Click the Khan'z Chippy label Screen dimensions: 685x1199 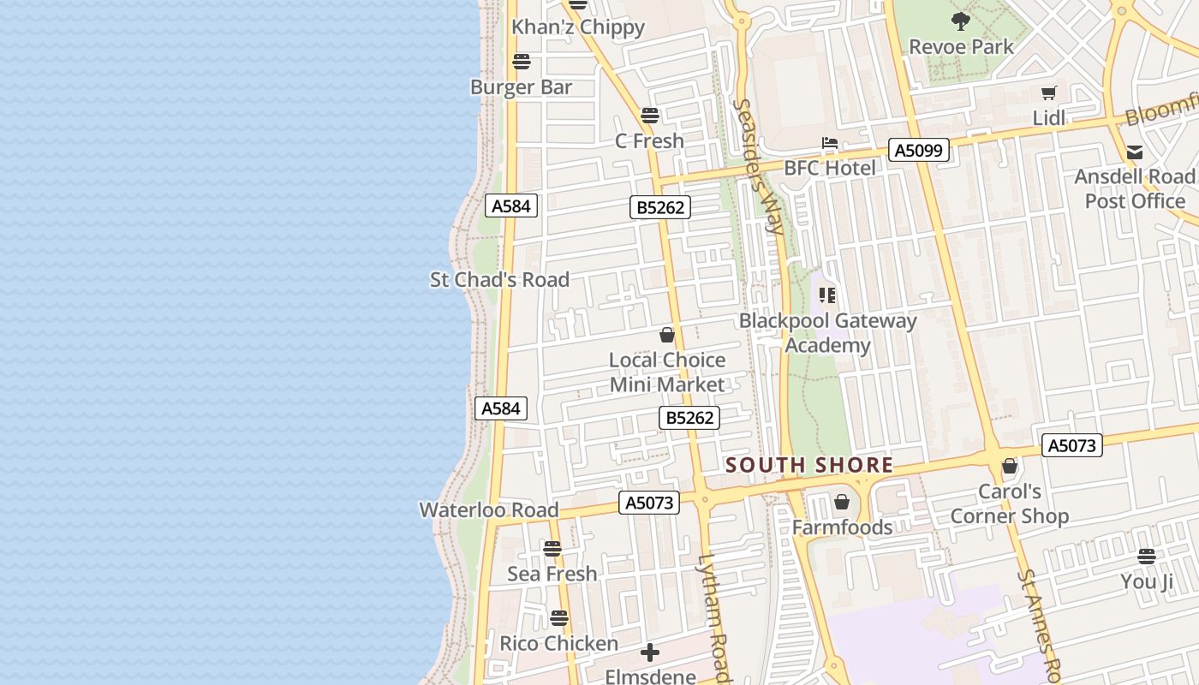578,27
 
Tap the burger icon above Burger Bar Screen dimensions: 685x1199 522,62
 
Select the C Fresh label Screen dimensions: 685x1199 649,140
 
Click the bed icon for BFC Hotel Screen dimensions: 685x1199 830,143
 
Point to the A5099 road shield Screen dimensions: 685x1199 919,151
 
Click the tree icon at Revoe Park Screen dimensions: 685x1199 961,21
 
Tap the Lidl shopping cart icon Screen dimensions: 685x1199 1049,93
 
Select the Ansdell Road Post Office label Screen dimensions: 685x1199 1135,188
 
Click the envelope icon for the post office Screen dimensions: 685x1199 1135,152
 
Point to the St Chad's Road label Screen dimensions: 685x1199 499,280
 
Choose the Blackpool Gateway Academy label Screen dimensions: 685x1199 827,333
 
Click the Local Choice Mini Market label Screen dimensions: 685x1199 667,372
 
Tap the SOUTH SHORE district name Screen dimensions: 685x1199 809,466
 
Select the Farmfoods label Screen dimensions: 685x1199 842,527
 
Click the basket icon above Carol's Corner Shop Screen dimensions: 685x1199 1010,467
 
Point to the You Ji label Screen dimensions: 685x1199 1147,582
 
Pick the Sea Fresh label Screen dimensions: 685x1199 552,574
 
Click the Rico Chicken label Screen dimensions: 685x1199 558,644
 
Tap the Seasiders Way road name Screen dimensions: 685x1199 760,166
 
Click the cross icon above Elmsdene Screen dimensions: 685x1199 650,653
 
